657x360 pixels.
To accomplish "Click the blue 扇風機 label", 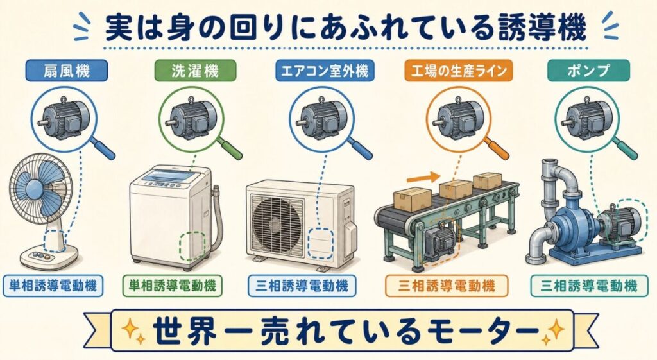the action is pyautogui.click(x=66, y=71).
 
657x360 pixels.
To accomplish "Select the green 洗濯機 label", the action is pyautogui.click(x=195, y=71).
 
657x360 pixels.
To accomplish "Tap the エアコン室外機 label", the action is pyautogui.click(x=325, y=71).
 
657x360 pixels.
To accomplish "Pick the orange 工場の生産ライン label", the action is pyautogui.click(x=459, y=71).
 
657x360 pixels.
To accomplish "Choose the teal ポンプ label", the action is pyautogui.click(x=588, y=71).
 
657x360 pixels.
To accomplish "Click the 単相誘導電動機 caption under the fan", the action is pyautogui.click(x=53, y=286).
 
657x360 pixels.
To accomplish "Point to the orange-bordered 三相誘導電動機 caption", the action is pyautogui.click(x=447, y=286).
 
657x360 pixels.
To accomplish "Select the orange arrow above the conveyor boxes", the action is pyautogui.click(x=422, y=177).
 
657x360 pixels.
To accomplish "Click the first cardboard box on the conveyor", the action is pyautogui.click(x=413, y=200).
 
